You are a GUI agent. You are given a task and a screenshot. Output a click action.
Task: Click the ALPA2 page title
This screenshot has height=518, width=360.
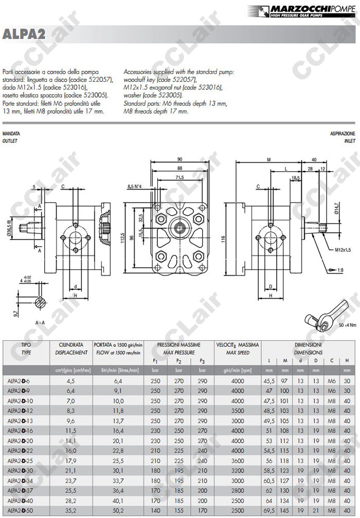[x=24, y=34]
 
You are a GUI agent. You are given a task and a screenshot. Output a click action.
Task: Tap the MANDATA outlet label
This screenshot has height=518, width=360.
[x=11, y=133]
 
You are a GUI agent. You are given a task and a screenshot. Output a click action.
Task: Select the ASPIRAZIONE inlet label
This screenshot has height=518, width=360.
[x=343, y=133]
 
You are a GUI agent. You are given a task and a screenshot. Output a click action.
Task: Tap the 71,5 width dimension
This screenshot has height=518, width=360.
[x=179, y=177]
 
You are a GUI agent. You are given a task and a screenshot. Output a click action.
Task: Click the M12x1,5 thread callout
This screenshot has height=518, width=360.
[x=343, y=250]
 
